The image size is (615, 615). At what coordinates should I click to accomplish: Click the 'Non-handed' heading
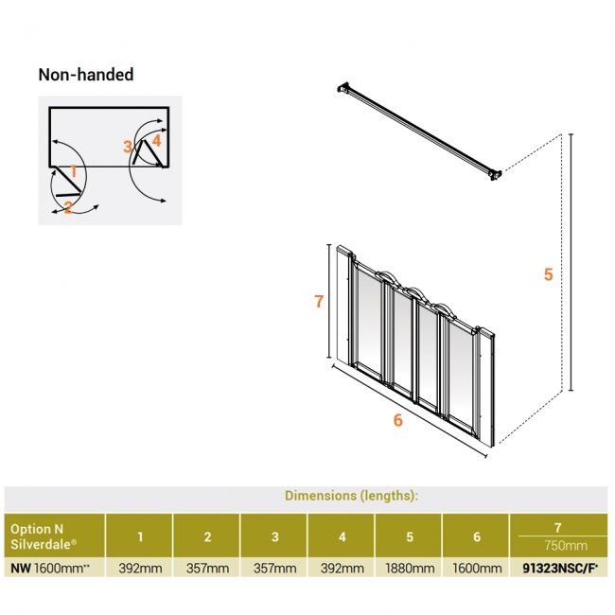point(85,75)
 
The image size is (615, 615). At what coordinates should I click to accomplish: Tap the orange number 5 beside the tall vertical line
point(548,275)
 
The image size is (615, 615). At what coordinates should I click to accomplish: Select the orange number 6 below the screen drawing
point(398,420)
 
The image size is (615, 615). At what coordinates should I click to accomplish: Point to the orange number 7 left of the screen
point(319,302)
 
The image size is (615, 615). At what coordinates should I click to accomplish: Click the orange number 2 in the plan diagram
point(69,207)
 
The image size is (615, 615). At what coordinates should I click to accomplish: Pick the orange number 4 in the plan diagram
point(156,140)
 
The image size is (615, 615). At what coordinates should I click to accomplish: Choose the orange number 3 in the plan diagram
point(128,147)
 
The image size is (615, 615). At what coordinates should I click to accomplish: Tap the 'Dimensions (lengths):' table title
point(351,495)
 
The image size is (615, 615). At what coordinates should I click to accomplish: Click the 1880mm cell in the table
point(410,569)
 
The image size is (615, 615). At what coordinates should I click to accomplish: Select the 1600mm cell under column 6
point(477,569)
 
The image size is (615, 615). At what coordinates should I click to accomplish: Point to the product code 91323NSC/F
point(558,569)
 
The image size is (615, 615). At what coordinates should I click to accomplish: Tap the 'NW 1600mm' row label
point(48,569)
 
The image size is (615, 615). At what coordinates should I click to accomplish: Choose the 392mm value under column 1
point(140,569)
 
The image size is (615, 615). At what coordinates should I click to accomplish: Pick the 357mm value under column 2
point(207,569)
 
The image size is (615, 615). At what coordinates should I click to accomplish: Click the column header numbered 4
point(342,536)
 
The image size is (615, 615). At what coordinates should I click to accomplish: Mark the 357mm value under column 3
point(274,569)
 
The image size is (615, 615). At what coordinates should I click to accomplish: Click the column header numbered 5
point(410,536)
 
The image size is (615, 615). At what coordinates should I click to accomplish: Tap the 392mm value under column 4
point(342,569)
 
